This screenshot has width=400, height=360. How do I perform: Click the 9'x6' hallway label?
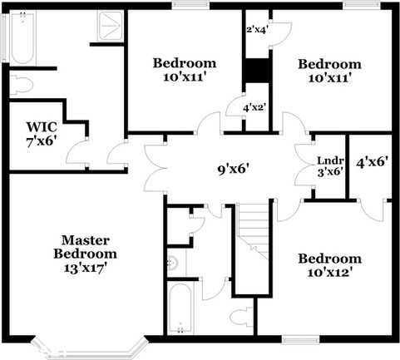pos(234,169)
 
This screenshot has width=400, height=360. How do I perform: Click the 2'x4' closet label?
pos(257,30)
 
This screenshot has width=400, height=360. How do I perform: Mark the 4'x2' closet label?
pos(254,107)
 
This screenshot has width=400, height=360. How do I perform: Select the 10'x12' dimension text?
pos(329,273)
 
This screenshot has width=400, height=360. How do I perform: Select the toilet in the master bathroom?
pos(23,84)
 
